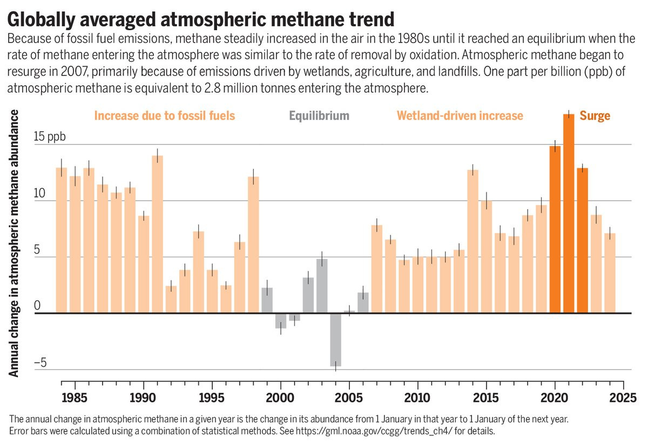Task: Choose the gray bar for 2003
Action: (x=322, y=286)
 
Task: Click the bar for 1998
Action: (x=253, y=245)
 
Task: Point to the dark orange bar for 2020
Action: (x=555, y=229)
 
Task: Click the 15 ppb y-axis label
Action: (x=50, y=136)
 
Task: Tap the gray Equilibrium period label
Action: (x=319, y=115)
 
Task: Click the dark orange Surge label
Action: (x=595, y=115)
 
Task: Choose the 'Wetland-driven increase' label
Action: (x=460, y=115)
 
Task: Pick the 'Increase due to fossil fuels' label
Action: (x=165, y=115)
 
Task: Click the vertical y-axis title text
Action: (x=15, y=243)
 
